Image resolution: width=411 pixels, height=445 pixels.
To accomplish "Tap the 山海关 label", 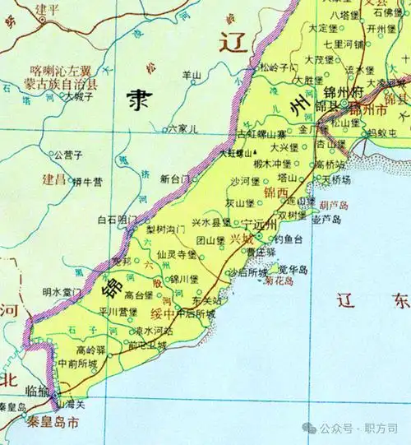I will pos(69,403).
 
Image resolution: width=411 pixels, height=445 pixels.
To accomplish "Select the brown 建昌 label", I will pos(53,178).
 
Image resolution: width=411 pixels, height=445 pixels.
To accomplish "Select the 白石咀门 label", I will pos(116,220).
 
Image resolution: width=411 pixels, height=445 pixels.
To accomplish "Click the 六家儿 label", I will pos(182,129).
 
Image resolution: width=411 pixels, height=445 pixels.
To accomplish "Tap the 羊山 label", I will pos(191,75).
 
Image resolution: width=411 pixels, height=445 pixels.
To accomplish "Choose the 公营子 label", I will pos(67,154).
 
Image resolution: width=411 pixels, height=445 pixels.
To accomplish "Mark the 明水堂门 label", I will pos(62,291).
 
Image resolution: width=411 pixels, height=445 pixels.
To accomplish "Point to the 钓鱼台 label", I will pos(288,239).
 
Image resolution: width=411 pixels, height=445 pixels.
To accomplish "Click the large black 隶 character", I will pos(137,100).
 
